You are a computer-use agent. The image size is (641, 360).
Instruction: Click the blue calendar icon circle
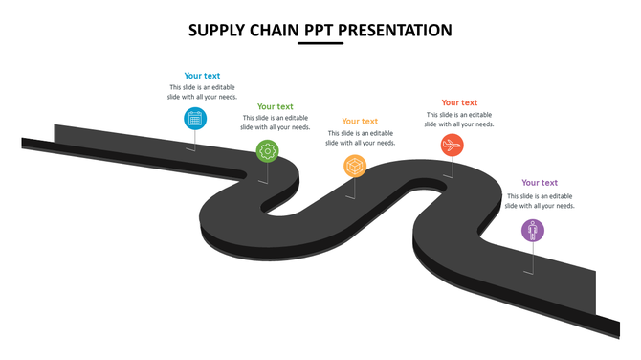coord(195,119)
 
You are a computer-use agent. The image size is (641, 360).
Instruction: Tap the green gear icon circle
coord(268,150)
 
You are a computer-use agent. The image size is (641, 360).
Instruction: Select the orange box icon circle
coord(356,167)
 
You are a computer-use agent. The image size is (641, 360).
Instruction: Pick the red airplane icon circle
coord(453,145)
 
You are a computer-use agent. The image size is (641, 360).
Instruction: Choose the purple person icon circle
coord(533,230)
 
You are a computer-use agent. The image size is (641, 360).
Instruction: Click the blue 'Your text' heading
coord(202,76)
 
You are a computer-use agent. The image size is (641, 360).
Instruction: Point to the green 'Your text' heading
coord(276,106)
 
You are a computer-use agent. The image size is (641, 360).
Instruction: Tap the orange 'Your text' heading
coord(360,122)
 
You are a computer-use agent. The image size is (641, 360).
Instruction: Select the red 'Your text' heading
coord(459,102)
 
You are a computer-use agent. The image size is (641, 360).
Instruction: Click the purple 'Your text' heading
coord(540,183)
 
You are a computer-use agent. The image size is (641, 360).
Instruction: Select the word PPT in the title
coord(321,31)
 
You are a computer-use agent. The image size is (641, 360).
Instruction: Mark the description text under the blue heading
coord(202,93)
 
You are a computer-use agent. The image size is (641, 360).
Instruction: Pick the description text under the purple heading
coord(540,201)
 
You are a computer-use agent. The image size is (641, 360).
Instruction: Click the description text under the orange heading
coord(360,138)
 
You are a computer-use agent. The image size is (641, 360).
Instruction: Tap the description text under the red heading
coord(459,120)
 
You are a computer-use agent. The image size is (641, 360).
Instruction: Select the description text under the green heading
coord(276,123)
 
